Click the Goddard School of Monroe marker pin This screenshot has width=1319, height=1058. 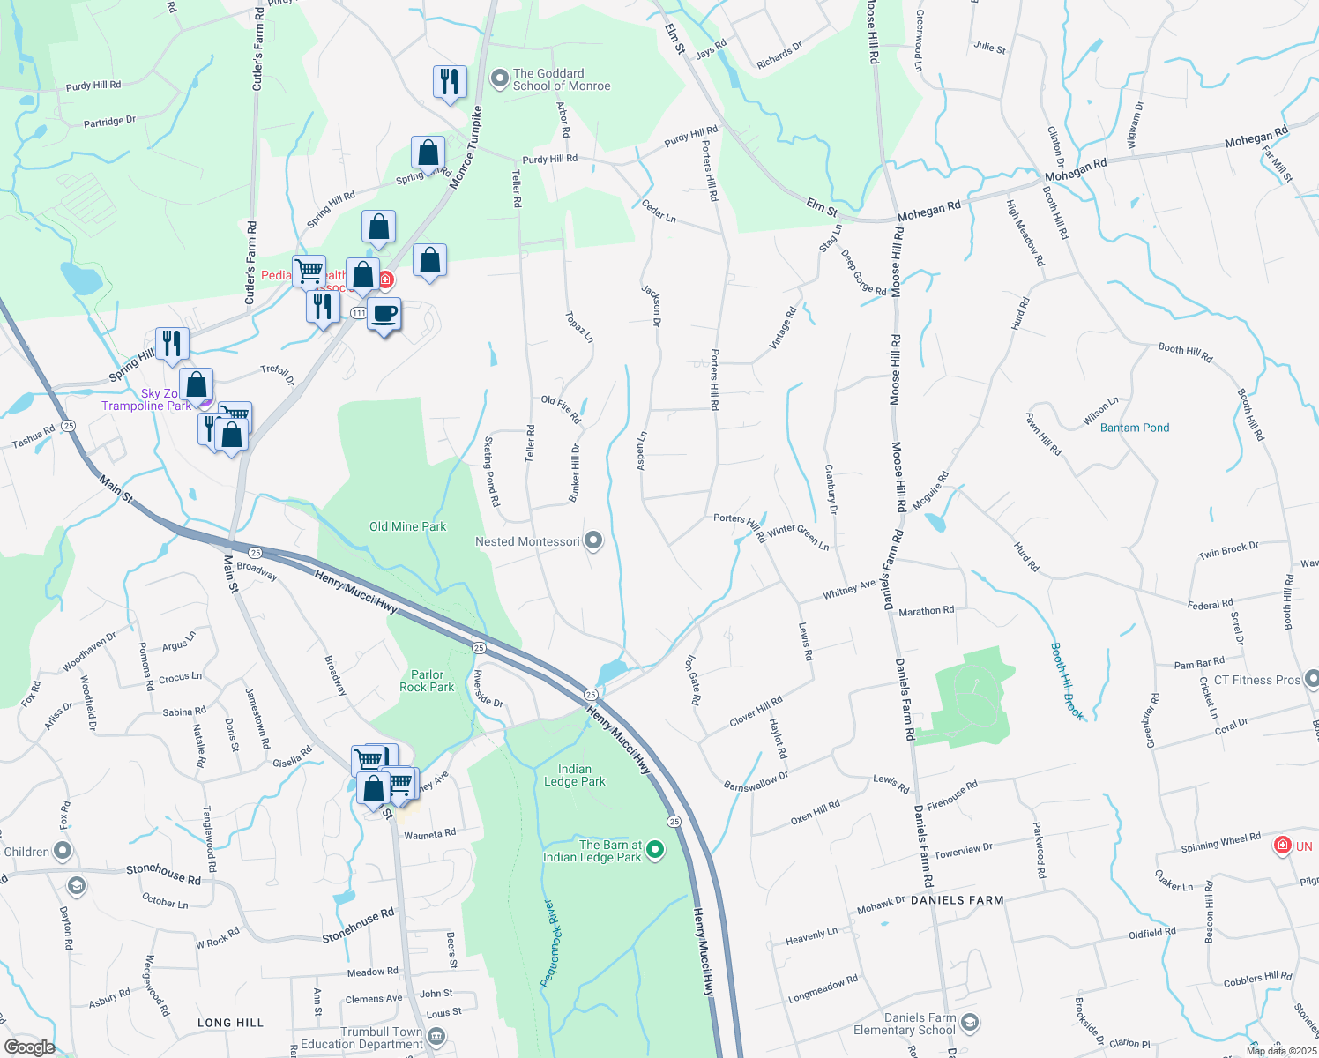(500, 79)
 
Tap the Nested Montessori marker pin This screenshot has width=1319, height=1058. (593, 540)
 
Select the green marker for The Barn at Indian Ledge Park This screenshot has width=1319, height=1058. (655, 850)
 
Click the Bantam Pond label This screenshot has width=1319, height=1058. (1135, 428)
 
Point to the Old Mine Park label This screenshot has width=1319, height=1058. (407, 526)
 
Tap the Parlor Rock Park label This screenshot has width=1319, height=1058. (427, 681)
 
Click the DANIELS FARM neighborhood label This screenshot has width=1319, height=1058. (957, 900)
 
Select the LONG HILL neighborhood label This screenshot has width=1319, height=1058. (230, 1023)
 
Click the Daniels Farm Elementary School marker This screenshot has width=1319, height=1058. (970, 1023)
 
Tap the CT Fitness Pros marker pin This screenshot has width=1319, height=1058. (1312, 679)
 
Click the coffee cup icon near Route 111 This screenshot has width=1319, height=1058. (384, 314)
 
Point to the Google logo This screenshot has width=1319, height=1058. (30, 1047)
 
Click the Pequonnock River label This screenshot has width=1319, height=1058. (549, 943)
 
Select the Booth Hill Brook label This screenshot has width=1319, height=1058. (1067, 682)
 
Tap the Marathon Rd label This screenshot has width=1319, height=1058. (926, 610)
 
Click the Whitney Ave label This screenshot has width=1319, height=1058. (849, 589)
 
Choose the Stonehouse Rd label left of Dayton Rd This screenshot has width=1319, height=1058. (163, 874)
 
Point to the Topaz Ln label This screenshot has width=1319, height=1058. (580, 326)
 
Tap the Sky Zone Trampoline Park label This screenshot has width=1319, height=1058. (146, 399)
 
